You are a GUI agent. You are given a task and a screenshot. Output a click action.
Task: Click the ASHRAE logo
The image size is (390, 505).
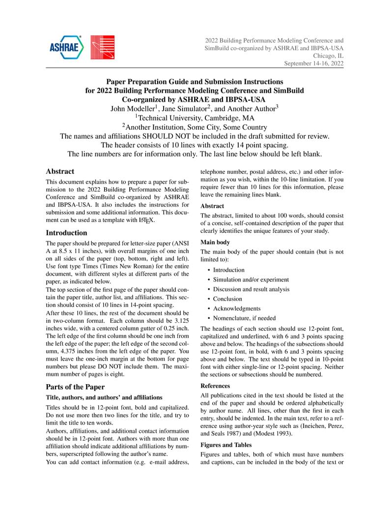(66, 47)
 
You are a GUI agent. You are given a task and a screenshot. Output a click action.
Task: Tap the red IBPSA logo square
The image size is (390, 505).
(103, 48)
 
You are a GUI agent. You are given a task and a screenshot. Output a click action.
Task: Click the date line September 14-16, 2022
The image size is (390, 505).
(314, 63)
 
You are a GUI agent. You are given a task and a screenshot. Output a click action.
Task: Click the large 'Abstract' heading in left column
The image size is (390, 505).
(60, 171)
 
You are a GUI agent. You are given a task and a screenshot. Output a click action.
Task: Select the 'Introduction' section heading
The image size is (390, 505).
(66, 233)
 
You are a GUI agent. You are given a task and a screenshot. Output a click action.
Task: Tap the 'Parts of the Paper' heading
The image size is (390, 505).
(75, 387)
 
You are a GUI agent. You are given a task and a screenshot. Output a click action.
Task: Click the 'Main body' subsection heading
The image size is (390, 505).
(215, 242)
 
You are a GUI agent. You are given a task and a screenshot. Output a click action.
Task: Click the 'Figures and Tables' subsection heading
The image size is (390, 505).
(226, 445)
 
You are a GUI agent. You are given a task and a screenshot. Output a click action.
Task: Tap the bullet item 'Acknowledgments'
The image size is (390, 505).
(237, 309)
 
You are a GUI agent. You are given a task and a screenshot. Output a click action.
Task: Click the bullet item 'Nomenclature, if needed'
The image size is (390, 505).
(244, 318)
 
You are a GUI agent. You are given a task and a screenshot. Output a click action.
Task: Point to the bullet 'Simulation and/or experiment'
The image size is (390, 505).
(251, 280)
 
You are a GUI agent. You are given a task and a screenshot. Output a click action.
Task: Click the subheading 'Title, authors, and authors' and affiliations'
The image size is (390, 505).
(104, 397)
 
